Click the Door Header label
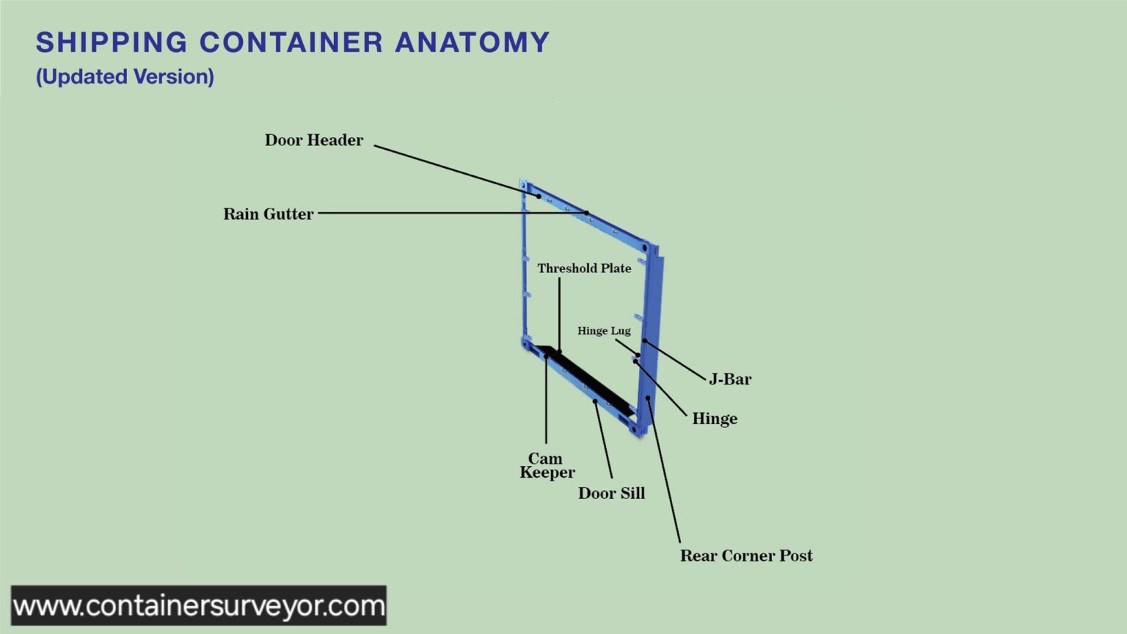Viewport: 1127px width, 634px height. point(313,140)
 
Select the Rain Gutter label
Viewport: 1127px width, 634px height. point(268,214)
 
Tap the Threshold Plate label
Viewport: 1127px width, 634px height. point(584,269)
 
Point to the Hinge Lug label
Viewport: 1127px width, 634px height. point(603,331)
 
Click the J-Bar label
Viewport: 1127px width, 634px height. point(730,379)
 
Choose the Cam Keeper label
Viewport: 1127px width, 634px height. point(547,466)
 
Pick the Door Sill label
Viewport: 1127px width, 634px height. point(611,493)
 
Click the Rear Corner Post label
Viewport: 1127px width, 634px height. point(745,555)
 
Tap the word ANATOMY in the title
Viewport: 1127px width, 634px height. point(472,43)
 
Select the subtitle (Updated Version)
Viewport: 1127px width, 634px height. point(125,77)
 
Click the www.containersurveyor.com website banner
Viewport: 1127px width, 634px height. point(199,606)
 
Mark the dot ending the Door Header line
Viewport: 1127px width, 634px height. point(539,197)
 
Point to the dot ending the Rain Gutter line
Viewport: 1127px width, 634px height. point(587,213)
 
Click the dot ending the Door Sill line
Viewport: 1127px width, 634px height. point(595,401)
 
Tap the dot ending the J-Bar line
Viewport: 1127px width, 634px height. point(644,340)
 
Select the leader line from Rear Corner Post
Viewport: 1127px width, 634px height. point(664,473)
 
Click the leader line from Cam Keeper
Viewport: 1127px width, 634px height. point(546,404)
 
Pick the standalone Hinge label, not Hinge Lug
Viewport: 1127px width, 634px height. point(714,419)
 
